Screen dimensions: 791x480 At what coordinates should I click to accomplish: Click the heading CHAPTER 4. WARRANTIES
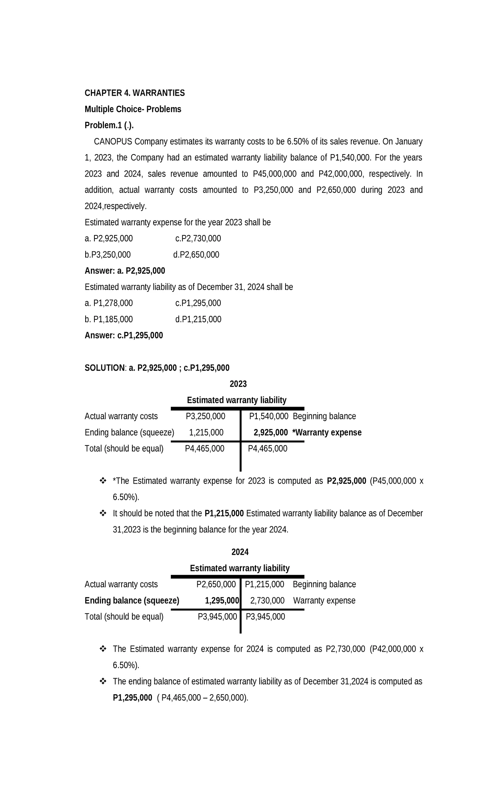tap(134, 93)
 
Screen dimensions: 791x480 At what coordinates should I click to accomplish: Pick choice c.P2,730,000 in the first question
tap(198, 239)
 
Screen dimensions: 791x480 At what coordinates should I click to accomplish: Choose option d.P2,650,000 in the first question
tap(196, 255)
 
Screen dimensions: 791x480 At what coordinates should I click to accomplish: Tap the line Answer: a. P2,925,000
tap(125, 271)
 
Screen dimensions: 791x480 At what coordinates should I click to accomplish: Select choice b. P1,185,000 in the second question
tap(109, 319)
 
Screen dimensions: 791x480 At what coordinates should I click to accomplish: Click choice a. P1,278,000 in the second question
tap(109, 303)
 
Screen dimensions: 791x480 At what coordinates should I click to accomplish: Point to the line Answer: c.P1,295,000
tap(124, 335)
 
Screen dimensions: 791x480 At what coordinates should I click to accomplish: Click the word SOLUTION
tap(105, 368)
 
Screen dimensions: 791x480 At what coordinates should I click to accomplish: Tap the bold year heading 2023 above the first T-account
tap(238, 384)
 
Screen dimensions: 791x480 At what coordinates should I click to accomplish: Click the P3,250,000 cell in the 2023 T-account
tap(206, 416)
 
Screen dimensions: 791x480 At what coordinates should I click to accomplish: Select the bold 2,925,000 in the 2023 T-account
tap(270, 432)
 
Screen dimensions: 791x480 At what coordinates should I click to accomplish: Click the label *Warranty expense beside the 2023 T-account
tap(327, 432)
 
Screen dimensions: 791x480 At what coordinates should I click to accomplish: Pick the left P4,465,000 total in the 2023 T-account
tap(204, 449)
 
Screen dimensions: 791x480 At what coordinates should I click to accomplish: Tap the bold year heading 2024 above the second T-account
tap(240, 552)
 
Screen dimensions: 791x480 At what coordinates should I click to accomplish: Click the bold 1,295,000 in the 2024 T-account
tap(222, 600)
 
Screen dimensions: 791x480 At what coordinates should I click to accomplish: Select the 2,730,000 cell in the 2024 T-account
tap(267, 600)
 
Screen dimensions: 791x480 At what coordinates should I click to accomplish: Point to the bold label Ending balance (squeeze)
tap(132, 600)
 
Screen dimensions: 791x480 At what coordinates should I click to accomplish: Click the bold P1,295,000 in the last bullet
tap(132, 698)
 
